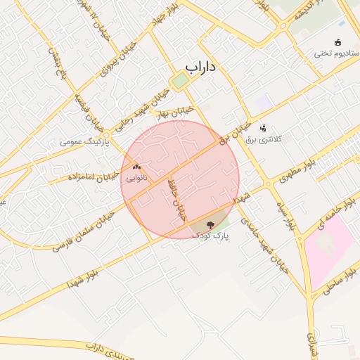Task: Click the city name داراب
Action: tap(200, 66)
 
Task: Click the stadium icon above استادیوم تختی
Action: tap(338, 41)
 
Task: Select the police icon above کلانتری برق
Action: tap(263, 127)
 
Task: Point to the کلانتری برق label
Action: tap(263, 139)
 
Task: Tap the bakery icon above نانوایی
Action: tap(136, 167)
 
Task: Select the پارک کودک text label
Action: tap(212, 234)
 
